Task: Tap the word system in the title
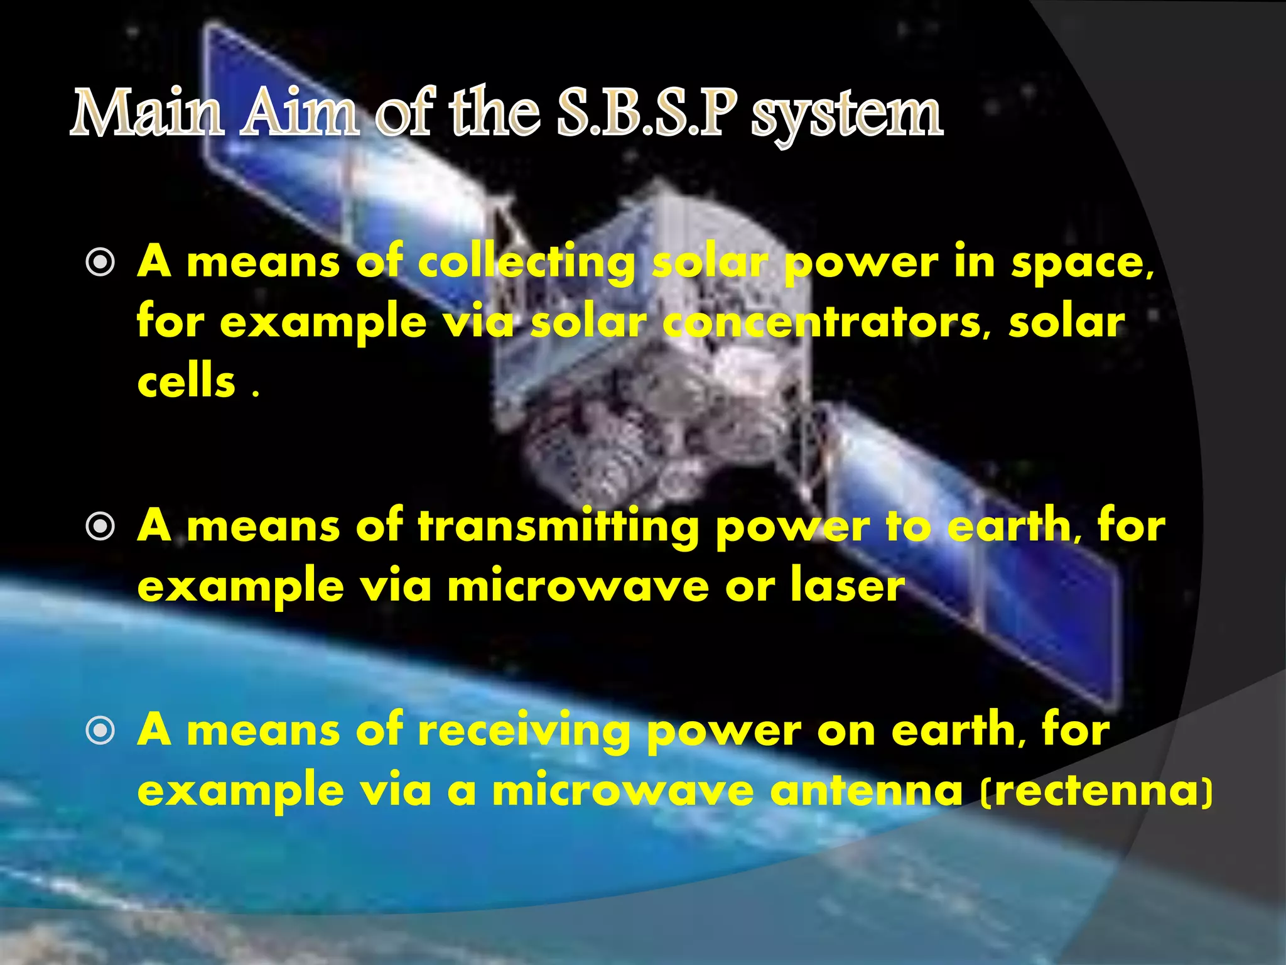click(848, 116)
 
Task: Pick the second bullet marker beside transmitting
click(100, 526)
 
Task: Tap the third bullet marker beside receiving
click(100, 730)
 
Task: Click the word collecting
click(526, 263)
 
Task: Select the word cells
click(186, 382)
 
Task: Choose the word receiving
click(524, 731)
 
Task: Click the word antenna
click(866, 790)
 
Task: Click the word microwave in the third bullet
click(622, 790)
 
